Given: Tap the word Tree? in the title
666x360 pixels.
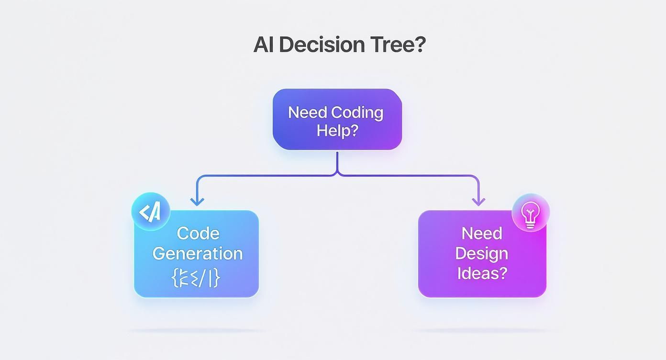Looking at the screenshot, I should (x=398, y=45).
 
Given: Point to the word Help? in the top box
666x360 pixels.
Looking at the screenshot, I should (x=337, y=131).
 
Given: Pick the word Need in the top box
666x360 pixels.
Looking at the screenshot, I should (x=308, y=112).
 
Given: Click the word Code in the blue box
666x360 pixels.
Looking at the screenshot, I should (x=198, y=234).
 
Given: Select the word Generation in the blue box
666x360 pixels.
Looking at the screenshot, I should (x=198, y=253).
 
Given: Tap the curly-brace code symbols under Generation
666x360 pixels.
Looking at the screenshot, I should (x=196, y=277).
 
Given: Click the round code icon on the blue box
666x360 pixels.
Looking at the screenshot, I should (x=151, y=212).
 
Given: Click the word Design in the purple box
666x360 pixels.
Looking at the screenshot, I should (x=481, y=253).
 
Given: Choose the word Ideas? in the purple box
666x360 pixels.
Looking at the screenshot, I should (x=482, y=273).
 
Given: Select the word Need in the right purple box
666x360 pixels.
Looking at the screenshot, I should (x=482, y=234).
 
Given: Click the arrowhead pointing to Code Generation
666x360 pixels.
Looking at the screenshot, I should (x=197, y=201).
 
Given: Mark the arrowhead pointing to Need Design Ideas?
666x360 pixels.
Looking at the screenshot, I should (x=478, y=201).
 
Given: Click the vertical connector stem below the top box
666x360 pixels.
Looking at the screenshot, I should (x=338, y=161).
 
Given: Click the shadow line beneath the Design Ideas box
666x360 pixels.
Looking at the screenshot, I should (x=483, y=330).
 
